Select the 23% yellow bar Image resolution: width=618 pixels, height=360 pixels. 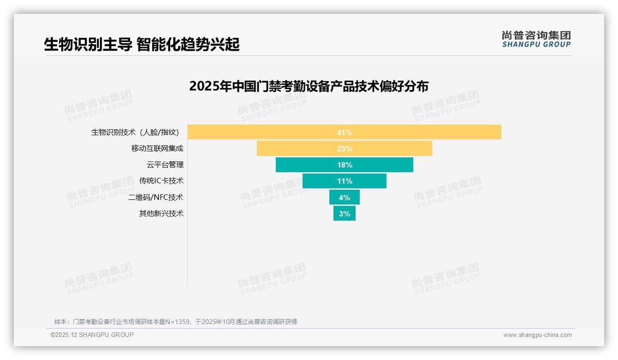[300, 149]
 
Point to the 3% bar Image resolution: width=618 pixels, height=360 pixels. [344, 213]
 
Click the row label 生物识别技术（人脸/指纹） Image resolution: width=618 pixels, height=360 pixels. [135, 132]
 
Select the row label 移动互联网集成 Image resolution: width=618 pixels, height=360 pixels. [157, 149]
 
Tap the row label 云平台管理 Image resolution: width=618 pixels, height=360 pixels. [165, 165]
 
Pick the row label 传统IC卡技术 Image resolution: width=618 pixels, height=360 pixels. [161, 181]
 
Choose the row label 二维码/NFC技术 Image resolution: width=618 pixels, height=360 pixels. [155, 197]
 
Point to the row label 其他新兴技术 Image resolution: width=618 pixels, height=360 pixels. [161, 213]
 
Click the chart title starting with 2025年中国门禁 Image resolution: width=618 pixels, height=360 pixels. [309, 86]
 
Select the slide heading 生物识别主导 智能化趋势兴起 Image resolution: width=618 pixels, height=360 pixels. [142, 45]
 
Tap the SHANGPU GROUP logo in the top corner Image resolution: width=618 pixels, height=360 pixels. [536, 39]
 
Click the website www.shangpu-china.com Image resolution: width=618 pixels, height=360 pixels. [537, 335]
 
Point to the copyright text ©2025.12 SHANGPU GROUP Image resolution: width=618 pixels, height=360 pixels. [92, 335]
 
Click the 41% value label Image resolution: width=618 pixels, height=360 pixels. [345, 132]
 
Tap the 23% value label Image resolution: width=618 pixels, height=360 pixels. [345, 149]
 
